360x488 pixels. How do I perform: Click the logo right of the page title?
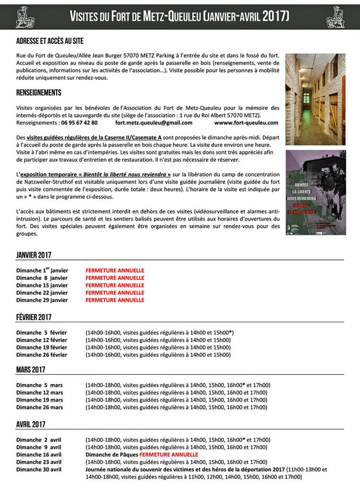[x=335, y=17]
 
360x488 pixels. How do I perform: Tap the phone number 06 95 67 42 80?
[x=79, y=123]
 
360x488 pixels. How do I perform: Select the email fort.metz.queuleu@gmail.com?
[x=154, y=123]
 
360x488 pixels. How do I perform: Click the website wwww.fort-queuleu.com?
[x=246, y=123]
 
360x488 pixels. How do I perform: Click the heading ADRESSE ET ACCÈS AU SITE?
[x=50, y=41]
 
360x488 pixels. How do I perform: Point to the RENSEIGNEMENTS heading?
[x=38, y=93]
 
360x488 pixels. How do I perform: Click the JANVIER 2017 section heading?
[x=34, y=255]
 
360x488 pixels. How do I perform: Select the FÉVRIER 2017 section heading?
[x=34, y=317]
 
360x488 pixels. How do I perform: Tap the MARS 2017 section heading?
[x=31, y=370]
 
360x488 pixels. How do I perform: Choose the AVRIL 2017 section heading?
[x=31, y=424]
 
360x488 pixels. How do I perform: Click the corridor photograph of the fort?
[x=315, y=99]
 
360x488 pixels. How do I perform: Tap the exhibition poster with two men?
[x=315, y=192]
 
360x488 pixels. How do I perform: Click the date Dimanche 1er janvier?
[x=42, y=270]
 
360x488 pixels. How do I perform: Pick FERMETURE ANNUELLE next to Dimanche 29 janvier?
[x=115, y=300]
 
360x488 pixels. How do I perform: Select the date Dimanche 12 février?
[x=42, y=340]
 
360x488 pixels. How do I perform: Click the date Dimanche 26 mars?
[x=40, y=407]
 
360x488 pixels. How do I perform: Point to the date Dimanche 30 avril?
[x=39, y=469]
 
